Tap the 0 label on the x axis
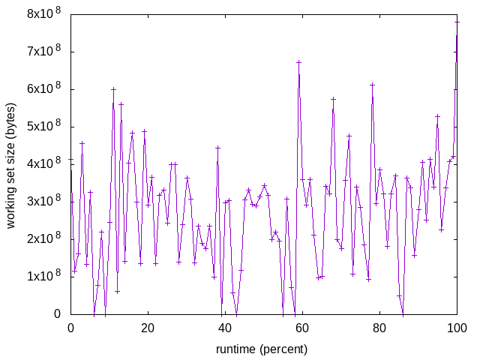[x=70, y=328]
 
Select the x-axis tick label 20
[x=148, y=328]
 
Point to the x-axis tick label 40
[x=225, y=328]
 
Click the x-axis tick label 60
[x=302, y=328]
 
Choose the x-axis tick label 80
[x=379, y=328]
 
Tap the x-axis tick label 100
[x=457, y=328]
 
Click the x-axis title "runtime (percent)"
[x=262, y=349]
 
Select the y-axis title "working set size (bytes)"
[x=12, y=164]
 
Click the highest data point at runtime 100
[x=457, y=22]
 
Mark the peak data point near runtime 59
[x=298, y=62]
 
